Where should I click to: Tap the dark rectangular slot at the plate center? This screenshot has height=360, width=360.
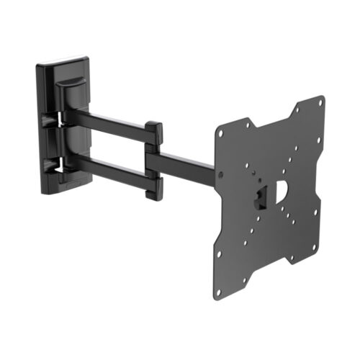(264, 194)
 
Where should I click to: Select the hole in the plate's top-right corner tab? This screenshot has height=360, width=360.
(320, 104)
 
